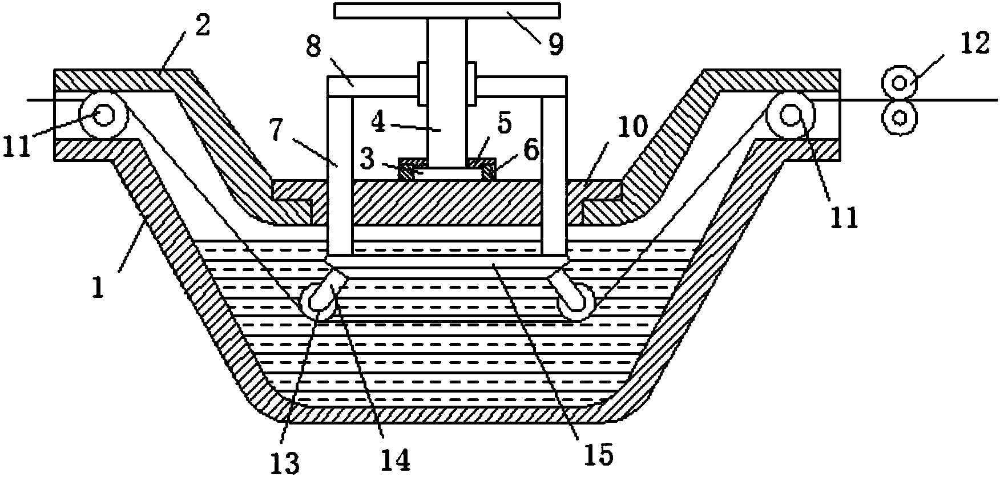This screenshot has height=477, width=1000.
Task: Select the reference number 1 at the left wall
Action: tap(98, 286)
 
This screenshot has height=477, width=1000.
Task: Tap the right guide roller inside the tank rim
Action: tap(791, 115)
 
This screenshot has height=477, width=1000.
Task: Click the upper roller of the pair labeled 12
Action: tap(900, 83)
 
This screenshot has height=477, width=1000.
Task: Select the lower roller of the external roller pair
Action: tap(900, 117)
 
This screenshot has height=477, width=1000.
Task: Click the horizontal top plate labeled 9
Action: tap(447, 11)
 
